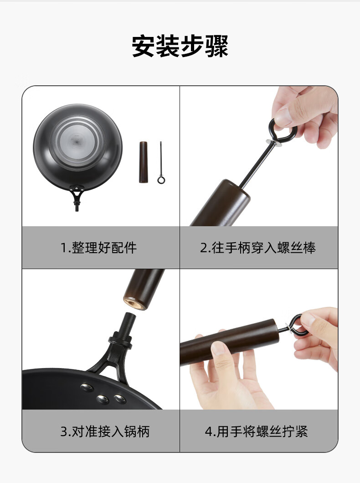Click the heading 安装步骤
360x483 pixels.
[180, 46]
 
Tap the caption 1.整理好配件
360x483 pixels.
[98, 248]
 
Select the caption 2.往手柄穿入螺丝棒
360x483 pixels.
[258, 248]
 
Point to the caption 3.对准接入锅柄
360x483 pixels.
[105, 431]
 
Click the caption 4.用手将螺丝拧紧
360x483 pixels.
[257, 431]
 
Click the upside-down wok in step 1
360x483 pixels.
[78, 148]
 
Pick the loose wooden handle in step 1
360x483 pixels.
[144, 162]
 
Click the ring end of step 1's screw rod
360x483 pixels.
[161, 180]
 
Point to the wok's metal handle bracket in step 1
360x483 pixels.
[77, 197]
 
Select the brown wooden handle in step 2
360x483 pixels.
[221, 203]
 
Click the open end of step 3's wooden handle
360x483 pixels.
[135, 303]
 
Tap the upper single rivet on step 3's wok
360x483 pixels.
[87, 387]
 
